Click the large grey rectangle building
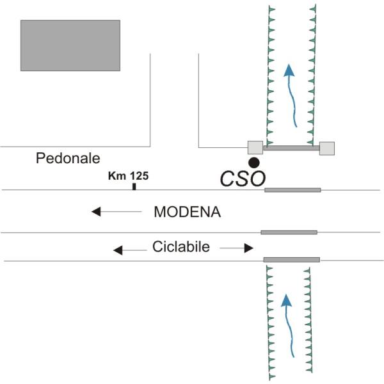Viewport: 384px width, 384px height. coord(70,45)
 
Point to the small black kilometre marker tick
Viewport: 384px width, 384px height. coord(134,186)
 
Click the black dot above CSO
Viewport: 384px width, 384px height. coord(254,162)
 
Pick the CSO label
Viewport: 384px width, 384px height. coord(242,179)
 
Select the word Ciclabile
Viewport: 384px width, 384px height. coord(181,247)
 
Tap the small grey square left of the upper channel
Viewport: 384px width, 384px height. coord(255,148)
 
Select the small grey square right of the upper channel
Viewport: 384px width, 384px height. coord(326,148)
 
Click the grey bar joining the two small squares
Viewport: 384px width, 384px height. coord(291,148)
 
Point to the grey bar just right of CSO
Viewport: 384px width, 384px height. coord(292,189)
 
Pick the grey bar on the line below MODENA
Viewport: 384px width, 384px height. coord(289,232)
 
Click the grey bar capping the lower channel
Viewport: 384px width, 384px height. coord(292,260)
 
